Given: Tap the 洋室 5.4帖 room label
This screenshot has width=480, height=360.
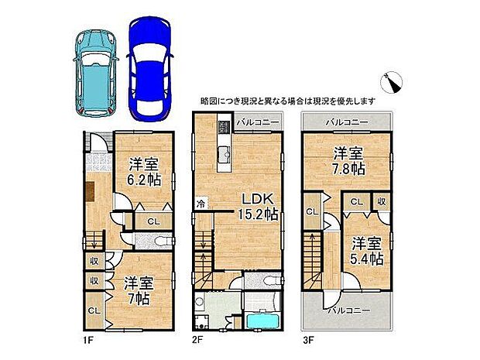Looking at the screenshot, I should coord(365,249).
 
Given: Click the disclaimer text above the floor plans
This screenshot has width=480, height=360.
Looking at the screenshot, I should coord(288,101).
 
